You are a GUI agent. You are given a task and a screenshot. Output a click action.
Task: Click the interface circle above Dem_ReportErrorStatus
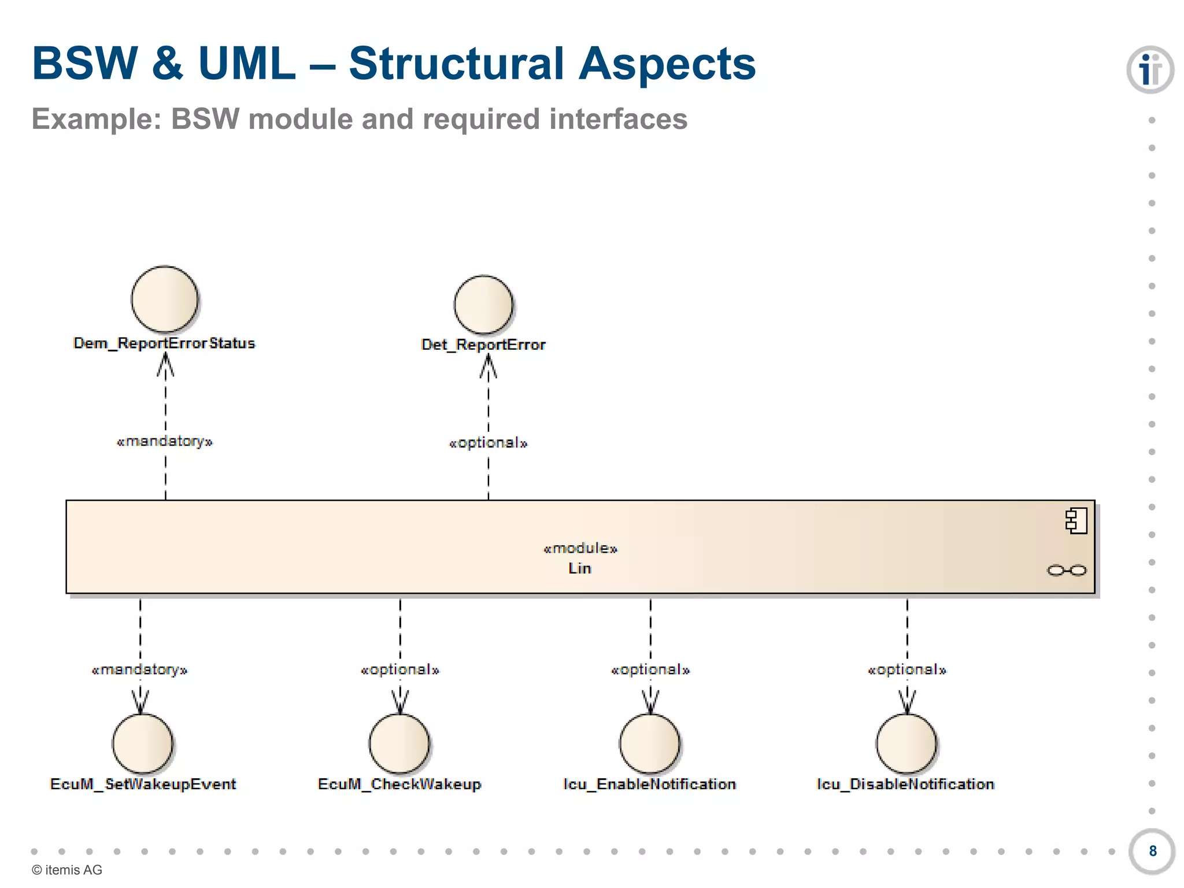pyautogui.click(x=164, y=299)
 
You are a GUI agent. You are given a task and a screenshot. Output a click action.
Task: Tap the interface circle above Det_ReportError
pyautogui.click(x=483, y=305)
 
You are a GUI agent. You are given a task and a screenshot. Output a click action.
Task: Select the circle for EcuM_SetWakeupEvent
pyautogui.click(x=142, y=743)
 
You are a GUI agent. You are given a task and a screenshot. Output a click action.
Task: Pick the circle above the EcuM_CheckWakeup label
pyautogui.click(x=399, y=743)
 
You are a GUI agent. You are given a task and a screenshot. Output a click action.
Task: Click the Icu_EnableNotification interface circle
pyautogui.click(x=650, y=743)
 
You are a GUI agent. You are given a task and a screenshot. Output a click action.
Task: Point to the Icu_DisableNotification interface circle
pyautogui.click(x=906, y=743)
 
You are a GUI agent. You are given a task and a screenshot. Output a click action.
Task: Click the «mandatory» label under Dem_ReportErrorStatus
pyautogui.click(x=165, y=442)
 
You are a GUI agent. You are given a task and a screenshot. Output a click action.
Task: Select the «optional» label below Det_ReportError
pyautogui.click(x=489, y=443)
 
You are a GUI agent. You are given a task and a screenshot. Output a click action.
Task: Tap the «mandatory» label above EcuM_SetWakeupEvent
pyautogui.click(x=140, y=670)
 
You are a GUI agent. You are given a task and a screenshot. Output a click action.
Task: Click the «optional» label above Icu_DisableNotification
pyautogui.click(x=907, y=670)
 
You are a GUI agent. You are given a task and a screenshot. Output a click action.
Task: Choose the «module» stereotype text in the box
pyautogui.click(x=580, y=548)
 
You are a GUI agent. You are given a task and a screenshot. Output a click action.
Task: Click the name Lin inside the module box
pyautogui.click(x=580, y=568)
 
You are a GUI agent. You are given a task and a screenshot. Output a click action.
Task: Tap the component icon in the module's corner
pyautogui.click(x=1076, y=521)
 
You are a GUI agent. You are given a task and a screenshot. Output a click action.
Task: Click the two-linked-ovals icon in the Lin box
pyautogui.click(x=1067, y=571)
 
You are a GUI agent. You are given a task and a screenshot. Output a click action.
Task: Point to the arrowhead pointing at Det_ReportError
pyautogui.click(x=488, y=365)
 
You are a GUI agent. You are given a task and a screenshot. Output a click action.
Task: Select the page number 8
pyautogui.click(x=1152, y=851)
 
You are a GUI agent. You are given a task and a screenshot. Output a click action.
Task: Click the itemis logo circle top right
pyautogui.click(x=1150, y=70)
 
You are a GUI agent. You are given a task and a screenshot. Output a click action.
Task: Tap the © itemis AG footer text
pyautogui.click(x=67, y=870)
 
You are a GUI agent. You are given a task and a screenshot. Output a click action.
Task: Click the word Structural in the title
pyautogui.click(x=456, y=64)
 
